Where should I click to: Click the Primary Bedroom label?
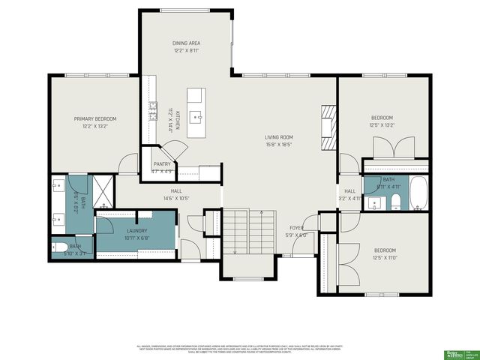click(94, 118)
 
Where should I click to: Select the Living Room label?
click(278, 137)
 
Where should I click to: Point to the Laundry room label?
click(136, 231)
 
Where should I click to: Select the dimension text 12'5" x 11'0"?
click(384, 257)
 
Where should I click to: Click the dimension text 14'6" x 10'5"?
click(177, 198)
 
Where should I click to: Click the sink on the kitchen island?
click(195, 116)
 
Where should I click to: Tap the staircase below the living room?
click(251, 232)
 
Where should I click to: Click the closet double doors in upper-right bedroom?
click(394, 146)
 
